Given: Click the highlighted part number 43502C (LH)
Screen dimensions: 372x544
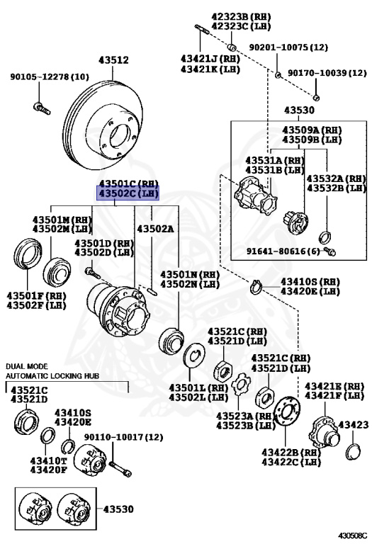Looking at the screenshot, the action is (128, 193).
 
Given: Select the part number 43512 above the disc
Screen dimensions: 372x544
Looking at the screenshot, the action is (113, 60).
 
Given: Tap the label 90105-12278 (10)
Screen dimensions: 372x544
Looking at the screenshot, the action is (50, 76).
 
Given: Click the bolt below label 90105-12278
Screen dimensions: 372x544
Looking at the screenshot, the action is (42, 108).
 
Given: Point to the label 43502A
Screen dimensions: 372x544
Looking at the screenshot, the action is (155, 229).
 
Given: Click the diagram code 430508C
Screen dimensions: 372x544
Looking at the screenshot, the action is (353, 536).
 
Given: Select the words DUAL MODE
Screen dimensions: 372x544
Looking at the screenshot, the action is (27, 366).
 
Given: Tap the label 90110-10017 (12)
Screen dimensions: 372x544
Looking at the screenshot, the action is (123, 437).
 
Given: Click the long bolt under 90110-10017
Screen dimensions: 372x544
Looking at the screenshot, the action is (120, 468).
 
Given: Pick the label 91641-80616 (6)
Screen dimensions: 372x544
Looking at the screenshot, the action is (283, 251).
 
